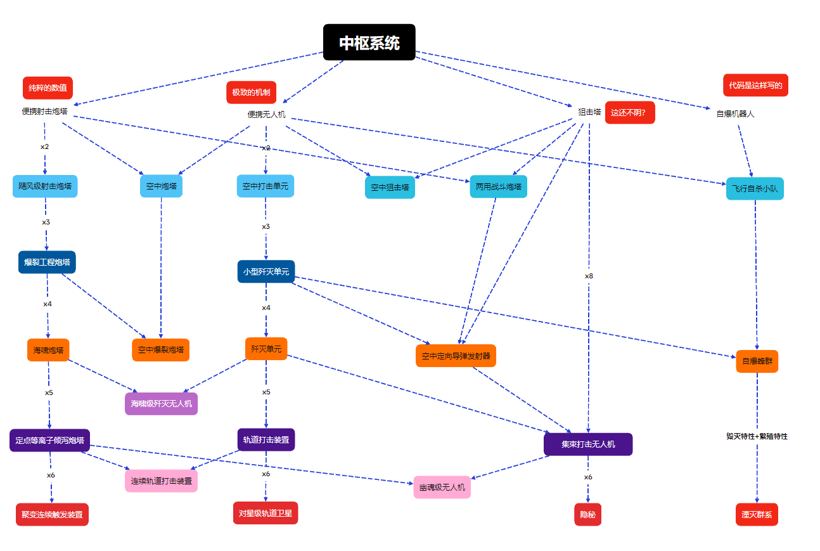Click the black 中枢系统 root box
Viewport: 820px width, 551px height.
tap(369, 42)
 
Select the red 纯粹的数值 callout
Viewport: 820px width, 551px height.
tap(48, 88)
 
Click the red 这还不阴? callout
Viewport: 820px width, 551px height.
tap(629, 113)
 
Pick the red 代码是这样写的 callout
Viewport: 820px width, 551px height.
tap(755, 85)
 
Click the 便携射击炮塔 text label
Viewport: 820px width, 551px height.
tap(44, 112)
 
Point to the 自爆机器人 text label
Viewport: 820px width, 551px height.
tap(735, 114)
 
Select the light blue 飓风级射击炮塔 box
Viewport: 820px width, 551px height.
tap(45, 186)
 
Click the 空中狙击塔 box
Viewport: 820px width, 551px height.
tap(390, 188)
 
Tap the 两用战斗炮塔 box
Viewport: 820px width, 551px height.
tap(498, 186)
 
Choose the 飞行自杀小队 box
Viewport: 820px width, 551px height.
tap(755, 188)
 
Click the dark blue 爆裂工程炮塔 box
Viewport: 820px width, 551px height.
tap(47, 262)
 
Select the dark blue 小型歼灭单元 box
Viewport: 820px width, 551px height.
tap(266, 271)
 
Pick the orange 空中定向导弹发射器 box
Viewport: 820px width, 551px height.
tap(456, 356)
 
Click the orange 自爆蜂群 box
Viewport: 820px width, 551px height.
tap(757, 361)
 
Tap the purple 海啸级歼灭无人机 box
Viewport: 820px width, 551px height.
tap(161, 403)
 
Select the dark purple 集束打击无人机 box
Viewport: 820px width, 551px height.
tap(588, 444)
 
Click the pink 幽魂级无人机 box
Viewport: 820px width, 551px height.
tap(442, 487)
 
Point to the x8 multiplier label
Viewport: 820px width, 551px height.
tap(589, 276)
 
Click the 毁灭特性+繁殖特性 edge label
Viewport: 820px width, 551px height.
tap(757, 436)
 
